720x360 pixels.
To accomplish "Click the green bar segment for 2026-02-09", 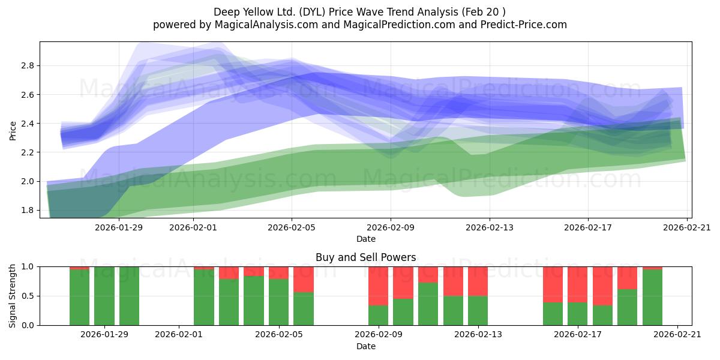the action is click(378, 315).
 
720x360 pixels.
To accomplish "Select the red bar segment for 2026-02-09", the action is click(378, 286).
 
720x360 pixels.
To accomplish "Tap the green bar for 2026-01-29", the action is click(104, 296).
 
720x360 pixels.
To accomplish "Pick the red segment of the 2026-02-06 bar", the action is click(304, 280).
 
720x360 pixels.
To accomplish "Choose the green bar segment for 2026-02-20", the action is click(652, 298).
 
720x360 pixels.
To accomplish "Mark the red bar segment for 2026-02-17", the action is click(577, 284).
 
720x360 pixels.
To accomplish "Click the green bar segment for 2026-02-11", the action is click(428, 304).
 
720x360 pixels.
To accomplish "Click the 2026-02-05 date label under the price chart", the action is click(292, 227).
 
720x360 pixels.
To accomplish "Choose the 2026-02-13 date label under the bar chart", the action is click(478, 335).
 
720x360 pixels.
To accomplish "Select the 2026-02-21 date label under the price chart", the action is click(687, 227).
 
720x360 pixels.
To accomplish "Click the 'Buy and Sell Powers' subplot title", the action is click(366, 257).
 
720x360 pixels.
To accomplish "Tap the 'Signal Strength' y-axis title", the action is click(12, 296).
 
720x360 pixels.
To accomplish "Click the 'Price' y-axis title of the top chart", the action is click(13, 131).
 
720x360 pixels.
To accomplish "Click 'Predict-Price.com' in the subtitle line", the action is click(524, 25).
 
